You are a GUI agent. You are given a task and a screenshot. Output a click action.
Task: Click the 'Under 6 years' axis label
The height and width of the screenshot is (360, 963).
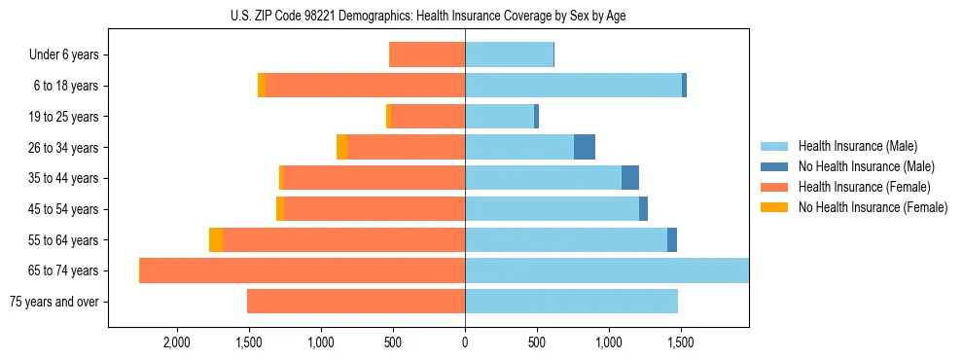tap(64, 54)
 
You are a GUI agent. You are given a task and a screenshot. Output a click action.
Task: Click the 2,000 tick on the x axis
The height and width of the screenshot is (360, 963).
tap(176, 342)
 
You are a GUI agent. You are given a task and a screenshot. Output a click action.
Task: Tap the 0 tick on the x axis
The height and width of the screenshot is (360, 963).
tap(465, 342)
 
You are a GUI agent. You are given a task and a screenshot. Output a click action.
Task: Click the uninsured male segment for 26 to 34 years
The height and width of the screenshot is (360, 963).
tap(585, 147)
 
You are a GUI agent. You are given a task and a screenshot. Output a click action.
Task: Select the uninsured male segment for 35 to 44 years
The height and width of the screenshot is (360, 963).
tap(630, 178)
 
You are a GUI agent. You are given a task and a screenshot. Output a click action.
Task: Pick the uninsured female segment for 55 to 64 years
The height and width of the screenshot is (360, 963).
tap(216, 239)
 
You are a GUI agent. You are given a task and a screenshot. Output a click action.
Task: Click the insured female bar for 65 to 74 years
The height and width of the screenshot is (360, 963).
tap(303, 270)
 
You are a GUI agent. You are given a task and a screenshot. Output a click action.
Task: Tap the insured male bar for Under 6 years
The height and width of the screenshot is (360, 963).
tap(509, 54)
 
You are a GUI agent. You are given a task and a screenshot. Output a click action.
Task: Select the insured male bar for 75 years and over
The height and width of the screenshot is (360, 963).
tap(571, 302)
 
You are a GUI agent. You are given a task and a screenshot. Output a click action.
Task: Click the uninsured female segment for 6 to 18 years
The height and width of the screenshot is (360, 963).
tap(262, 86)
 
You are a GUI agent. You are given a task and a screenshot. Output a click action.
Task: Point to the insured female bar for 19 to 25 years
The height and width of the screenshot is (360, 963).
tap(428, 116)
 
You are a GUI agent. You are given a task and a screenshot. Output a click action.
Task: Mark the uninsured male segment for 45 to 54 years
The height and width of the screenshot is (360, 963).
tap(643, 208)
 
